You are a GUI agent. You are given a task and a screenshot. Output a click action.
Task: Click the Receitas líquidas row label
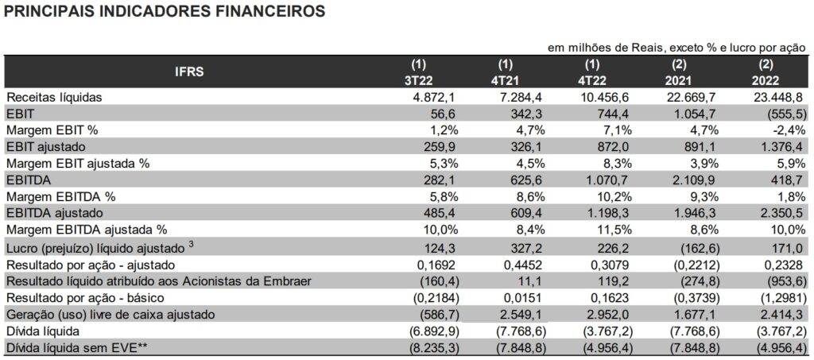click(x=50, y=97)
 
